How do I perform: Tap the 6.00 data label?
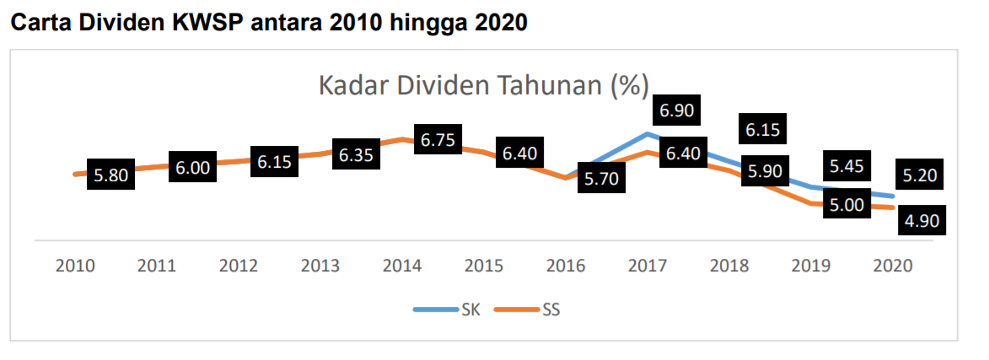[x=193, y=168]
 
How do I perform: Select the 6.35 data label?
[x=357, y=155]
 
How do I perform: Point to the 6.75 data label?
[x=438, y=140]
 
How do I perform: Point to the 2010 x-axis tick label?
[x=75, y=266]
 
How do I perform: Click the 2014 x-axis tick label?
[x=402, y=266]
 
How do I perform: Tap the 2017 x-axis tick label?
[x=648, y=266]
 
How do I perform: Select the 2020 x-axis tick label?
[x=893, y=266]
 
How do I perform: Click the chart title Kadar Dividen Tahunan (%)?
[x=483, y=87]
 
